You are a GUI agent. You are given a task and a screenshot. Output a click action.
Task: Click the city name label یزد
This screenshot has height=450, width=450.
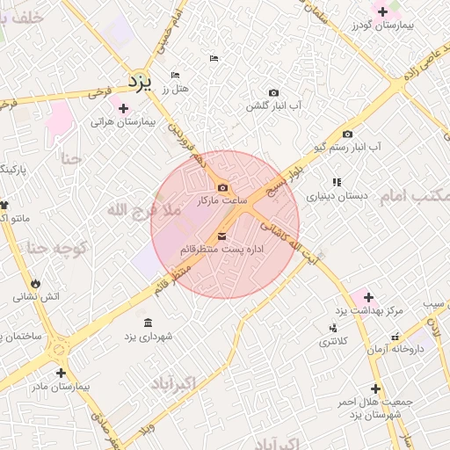[x=140, y=82]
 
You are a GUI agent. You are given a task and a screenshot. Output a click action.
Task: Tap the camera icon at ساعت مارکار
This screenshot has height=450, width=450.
[x=221, y=187]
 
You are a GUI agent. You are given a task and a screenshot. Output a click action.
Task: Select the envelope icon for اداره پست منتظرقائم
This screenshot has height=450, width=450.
[x=221, y=236]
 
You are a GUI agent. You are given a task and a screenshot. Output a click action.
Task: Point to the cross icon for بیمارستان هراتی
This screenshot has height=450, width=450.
[x=123, y=108]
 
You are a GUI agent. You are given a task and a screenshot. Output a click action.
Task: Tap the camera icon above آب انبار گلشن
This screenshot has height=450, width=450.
[x=273, y=93]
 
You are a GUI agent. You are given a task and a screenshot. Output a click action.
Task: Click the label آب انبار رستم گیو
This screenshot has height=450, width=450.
[x=349, y=147]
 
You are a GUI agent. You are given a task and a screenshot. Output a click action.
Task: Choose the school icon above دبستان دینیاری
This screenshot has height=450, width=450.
[x=337, y=182]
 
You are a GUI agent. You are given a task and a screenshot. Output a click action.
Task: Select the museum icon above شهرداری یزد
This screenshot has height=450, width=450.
[x=147, y=322]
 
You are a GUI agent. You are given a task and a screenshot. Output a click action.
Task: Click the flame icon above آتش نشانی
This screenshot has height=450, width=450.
[x=36, y=283]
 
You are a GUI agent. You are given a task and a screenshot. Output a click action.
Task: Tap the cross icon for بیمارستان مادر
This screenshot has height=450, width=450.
[x=61, y=373]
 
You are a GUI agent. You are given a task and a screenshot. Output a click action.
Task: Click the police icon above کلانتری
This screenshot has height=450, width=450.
[x=332, y=329]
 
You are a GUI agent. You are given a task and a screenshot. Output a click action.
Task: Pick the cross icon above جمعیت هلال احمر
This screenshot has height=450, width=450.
[x=375, y=388]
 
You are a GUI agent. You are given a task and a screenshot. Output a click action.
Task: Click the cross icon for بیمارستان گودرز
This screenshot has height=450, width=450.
[x=381, y=12]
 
